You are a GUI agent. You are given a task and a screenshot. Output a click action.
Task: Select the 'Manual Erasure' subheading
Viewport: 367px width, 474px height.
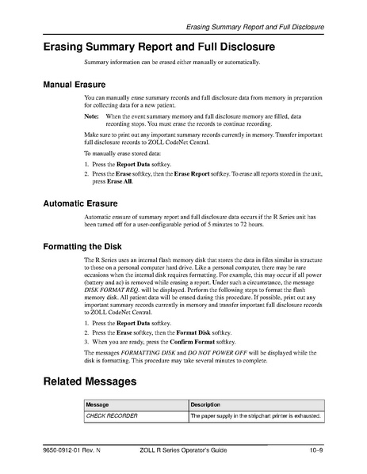coord(79,82)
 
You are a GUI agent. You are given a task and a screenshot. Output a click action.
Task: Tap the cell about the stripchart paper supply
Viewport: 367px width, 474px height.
coord(266,415)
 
